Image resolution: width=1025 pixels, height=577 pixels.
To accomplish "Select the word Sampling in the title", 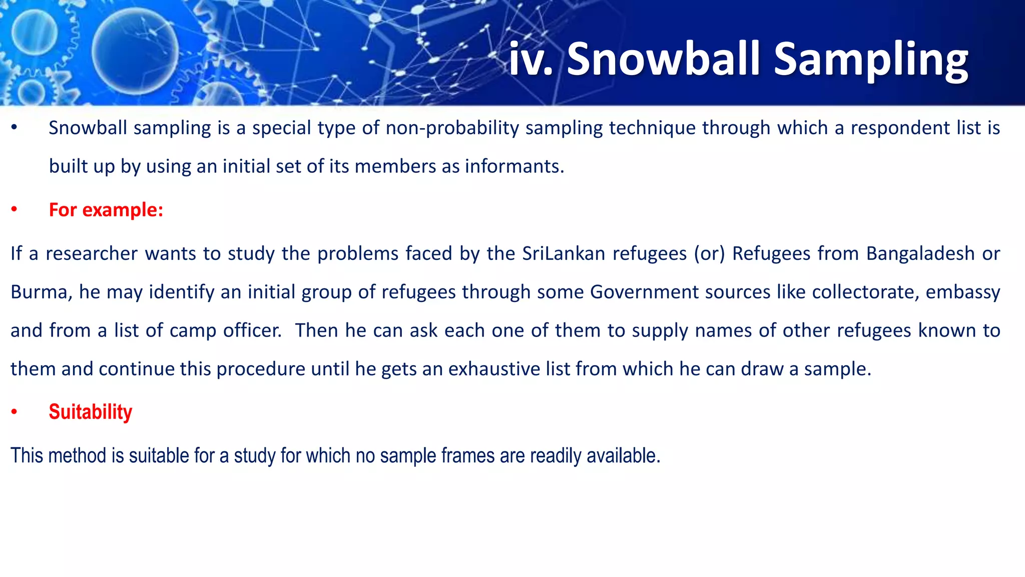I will click(x=871, y=60).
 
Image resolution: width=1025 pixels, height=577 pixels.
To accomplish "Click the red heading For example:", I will click(x=106, y=210).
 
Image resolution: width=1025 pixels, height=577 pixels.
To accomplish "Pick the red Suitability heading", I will click(x=91, y=412).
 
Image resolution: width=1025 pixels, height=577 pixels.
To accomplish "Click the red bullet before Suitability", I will click(x=15, y=412).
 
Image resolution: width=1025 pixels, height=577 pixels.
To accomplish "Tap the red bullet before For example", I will click(x=15, y=210).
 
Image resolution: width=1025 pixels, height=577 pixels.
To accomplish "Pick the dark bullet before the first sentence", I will click(x=15, y=128).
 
